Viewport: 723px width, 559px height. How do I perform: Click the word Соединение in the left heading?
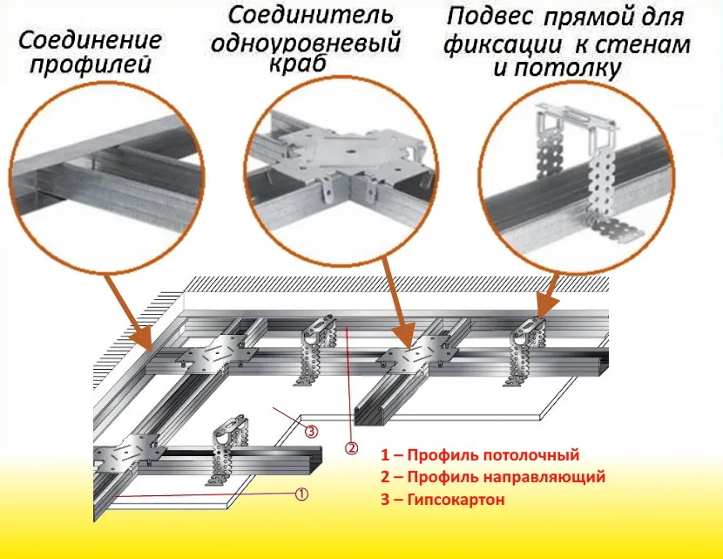(x=90, y=41)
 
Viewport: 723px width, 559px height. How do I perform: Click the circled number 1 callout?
(x=301, y=494)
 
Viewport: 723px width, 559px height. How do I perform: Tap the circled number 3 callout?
(x=310, y=429)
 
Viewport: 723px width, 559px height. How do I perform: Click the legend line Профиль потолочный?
(x=480, y=455)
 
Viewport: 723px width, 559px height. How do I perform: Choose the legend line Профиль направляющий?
(x=492, y=477)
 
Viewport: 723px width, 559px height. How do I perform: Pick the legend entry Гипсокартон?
(x=444, y=500)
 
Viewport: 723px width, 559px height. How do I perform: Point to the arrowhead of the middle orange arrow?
(x=402, y=342)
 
